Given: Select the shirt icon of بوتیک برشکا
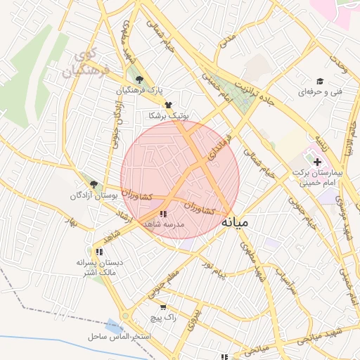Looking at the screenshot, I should (167, 104).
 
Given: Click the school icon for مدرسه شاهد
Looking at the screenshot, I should (163, 213).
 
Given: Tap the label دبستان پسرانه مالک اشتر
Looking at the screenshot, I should (99, 266).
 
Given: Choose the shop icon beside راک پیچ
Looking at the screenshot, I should (164, 307).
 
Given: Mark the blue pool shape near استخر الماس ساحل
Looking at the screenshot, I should (112, 326).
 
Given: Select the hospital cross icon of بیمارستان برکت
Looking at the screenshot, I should (318, 162).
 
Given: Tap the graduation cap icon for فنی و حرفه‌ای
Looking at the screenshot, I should (320, 82).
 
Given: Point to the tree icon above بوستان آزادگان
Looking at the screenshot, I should (94, 184).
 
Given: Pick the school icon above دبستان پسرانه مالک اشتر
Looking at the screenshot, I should (99, 252).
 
